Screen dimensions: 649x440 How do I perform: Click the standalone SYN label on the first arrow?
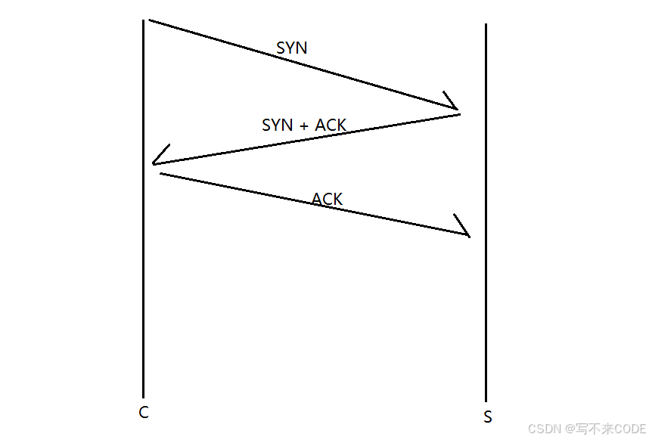coord(292,48)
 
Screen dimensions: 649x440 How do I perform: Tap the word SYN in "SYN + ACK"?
coord(277,125)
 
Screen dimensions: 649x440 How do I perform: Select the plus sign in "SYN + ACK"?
coord(304,125)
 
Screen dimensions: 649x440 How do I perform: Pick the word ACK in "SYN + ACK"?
coord(331,125)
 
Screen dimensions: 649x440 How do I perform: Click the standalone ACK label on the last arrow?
coord(328,199)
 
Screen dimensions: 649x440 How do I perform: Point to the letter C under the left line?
coord(144,413)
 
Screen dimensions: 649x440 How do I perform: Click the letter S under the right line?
coord(487,417)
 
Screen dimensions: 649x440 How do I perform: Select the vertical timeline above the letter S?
coord(486,302)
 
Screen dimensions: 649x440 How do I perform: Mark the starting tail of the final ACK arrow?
coord(163,174)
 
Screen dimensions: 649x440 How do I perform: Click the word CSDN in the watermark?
coord(543,428)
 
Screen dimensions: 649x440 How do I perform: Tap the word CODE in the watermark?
coord(629,428)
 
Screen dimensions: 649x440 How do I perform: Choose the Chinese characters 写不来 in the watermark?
coord(592,428)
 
